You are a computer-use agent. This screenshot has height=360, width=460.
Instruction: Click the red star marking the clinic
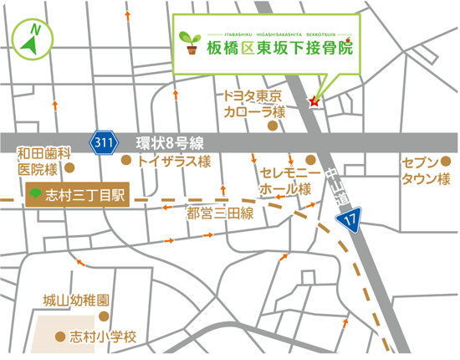[314, 101]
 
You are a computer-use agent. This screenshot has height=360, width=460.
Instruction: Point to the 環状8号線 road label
[170, 141]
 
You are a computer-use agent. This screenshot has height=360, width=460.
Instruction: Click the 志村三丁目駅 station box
[76, 195]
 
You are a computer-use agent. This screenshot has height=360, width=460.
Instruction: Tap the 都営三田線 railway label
[220, 213]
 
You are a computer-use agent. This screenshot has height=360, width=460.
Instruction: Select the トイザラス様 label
[175, 161]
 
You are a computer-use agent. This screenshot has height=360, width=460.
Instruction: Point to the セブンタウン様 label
[426, 171]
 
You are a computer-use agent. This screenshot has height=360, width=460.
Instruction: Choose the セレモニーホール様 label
[285, 181]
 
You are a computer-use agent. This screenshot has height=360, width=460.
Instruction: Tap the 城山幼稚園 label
[76, 299]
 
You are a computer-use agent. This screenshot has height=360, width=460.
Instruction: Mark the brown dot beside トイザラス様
[126, 160]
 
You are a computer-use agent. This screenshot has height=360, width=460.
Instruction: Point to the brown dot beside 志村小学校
[59, 337]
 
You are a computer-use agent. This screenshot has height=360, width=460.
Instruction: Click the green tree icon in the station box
[35, 195]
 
